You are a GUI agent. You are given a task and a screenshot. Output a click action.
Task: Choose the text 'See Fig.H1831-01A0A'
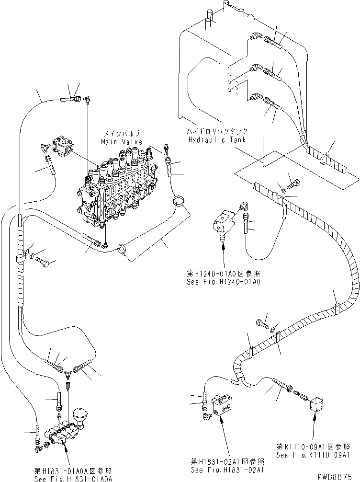coord(73,479)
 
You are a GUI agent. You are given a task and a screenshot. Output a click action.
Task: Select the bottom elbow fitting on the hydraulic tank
coord(256,98)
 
